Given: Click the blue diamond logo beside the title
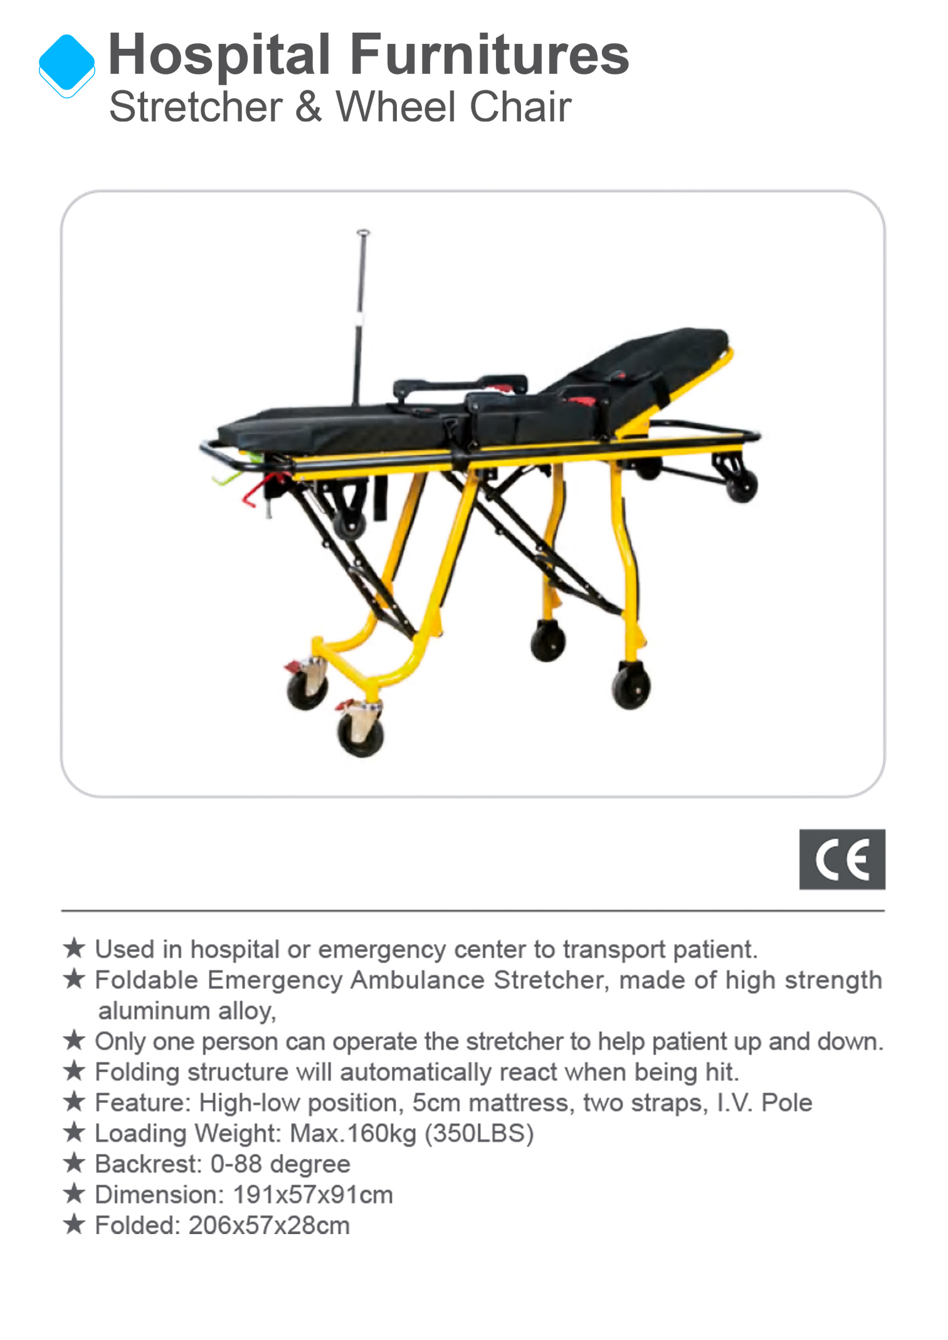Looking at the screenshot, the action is point(66,65).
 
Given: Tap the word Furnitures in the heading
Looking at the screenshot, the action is point(489,54).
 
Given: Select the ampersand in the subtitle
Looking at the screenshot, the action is point(308,107).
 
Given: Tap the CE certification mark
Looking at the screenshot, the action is point(842,859).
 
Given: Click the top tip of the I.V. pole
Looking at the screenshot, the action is point(363,233).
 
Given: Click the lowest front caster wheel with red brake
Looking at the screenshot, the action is point(361,735).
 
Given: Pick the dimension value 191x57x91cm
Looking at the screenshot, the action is point(313,1195).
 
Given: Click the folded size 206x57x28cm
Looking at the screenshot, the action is point(269,1225).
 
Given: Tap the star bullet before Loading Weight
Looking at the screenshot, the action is point(74,1132).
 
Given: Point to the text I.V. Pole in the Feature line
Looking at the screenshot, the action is point(764,1102).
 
